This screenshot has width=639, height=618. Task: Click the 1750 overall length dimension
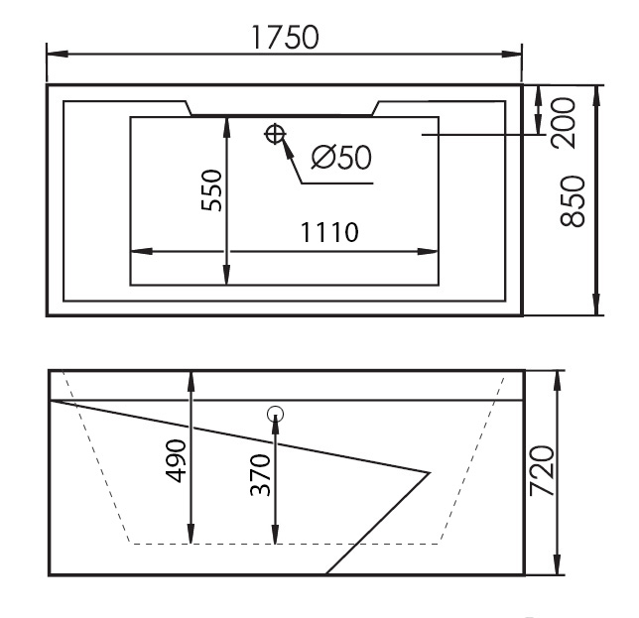click(x=285, y=37)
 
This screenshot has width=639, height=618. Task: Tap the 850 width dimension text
click(x=573, y=200)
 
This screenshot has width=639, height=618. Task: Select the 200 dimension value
click(x=563, y=123)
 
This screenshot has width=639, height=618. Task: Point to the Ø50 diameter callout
click(x=341, y=158)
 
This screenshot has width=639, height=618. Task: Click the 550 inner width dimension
click(x=212, y=190)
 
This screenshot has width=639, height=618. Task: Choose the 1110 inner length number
click(x=329, y=232)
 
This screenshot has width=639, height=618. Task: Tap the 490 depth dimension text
click(x=176, y=460)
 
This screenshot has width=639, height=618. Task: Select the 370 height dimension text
click(x=260, y=474)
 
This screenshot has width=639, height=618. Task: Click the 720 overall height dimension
click(x=542, y=471)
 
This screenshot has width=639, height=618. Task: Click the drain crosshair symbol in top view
click(x=275, y=134)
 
